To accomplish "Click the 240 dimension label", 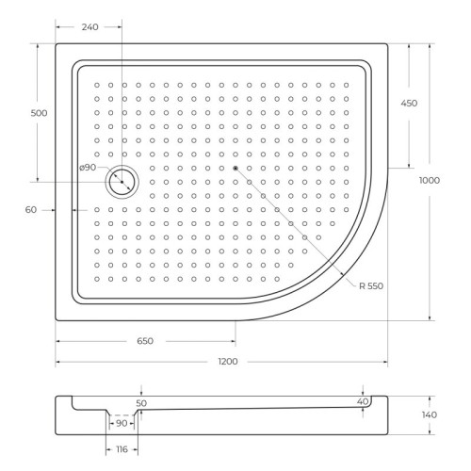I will coord(89,28).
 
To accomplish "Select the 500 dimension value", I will coord(39,112).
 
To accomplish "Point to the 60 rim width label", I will coord(33,210).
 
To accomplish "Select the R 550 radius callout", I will coord(370,284).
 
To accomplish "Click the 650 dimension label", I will coord(142,340).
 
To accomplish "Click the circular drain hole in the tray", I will coord(121,181).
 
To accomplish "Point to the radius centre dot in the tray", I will coord(235,168).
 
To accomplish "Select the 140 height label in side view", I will coord(430,415).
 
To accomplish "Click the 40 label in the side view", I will coord(363,402).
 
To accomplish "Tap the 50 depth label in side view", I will coord(142,402).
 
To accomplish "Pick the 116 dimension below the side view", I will coord(123,451).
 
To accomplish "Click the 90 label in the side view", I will coord(122,423).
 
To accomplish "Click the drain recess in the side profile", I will coord(122,414).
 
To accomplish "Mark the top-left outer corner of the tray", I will coord(57,43).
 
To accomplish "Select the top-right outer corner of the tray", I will coord(387,43).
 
